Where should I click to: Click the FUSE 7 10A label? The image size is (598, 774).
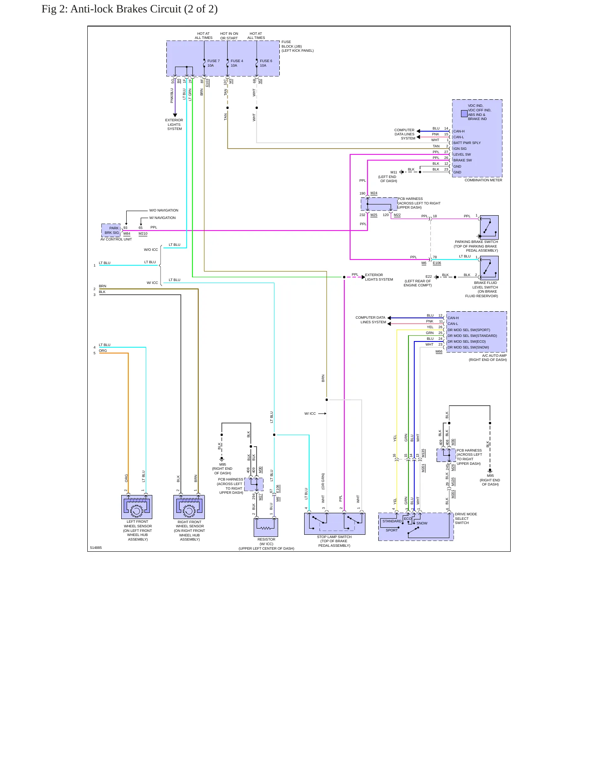click(214, 63)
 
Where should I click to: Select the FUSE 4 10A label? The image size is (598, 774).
click(237, 63)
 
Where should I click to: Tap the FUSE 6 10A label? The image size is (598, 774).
click(266, 63)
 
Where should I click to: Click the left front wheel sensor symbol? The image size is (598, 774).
click(137, 507)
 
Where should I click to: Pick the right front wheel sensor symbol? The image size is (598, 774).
click(189, 507)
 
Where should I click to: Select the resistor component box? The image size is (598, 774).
click(266, 527)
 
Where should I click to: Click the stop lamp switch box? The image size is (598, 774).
click(334, 524)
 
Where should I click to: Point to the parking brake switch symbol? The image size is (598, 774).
click(489, 227)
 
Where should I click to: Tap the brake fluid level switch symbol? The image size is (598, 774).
click(489, 268)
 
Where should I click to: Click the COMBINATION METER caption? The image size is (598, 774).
click(483, 180)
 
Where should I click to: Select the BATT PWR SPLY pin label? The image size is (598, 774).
click(467, 143)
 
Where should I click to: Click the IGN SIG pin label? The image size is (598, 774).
click(460, 149)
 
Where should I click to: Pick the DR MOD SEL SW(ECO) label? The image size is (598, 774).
click(466, 341)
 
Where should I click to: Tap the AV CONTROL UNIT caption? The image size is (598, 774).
click(116, 239)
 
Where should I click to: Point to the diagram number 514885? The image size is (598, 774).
click(96, 548)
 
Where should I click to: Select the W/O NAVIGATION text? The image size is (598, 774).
click(164, 210)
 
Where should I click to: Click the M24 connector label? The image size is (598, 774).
click(374, 193)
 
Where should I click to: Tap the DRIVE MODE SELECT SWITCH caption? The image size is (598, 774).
click(466, 518)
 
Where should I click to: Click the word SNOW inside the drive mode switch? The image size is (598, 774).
click(422, 523)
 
